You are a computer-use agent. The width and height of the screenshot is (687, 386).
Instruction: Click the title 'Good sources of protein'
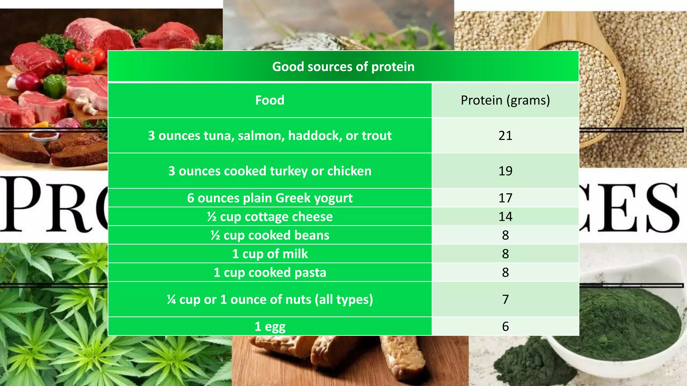(x=343, y=67)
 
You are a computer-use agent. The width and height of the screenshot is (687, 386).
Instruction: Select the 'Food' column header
(x=270, y=100)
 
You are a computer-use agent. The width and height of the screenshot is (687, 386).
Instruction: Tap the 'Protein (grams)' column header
(x=505, y=100)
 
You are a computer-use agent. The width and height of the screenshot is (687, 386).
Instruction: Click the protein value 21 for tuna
(x=505, y=136)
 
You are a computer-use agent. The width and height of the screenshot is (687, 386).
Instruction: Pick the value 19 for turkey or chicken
(x=505, y=171)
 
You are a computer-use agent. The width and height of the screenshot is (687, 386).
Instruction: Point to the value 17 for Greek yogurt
(x=505, y=198)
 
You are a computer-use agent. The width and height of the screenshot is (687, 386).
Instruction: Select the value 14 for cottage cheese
(x=505, y=217)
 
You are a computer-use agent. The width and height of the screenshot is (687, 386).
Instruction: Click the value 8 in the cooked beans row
(x=505, y=235)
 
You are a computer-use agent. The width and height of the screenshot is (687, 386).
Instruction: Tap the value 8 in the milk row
(x=505, y=254)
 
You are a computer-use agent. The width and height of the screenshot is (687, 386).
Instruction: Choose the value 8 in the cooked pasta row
(x=505, y=272)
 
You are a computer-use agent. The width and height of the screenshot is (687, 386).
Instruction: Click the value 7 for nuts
(x=505, y=299)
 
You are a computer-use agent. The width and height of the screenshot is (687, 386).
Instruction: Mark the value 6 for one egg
(x=505, y=326)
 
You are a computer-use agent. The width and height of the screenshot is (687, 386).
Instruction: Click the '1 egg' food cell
(x=270, y=326)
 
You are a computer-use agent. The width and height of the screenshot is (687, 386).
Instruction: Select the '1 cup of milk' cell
(x=270, y=254)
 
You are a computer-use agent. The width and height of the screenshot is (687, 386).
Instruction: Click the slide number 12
(x=669, y=373)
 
